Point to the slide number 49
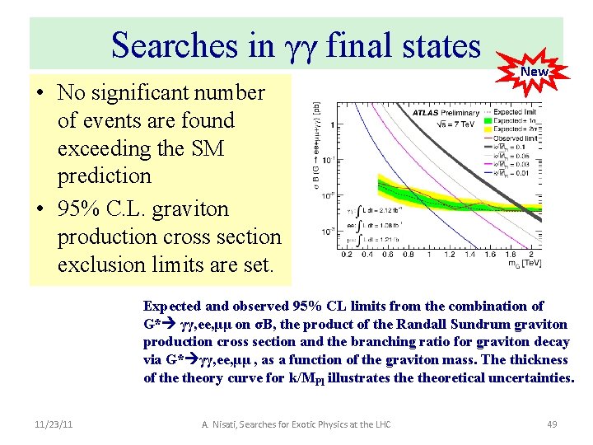[552, 424]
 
